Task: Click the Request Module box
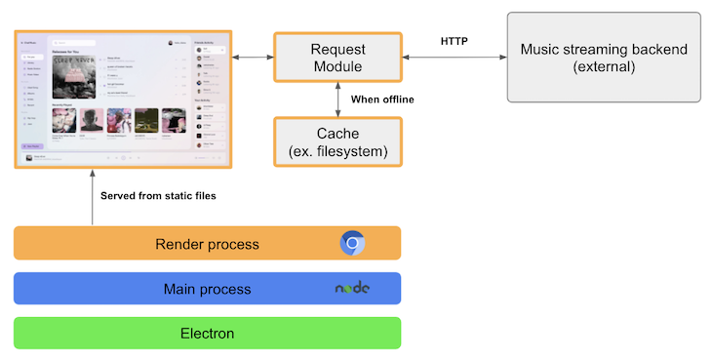(x=336, y=59)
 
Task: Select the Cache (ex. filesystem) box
(x=336, y=141)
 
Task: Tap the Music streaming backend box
(x=604, y=58)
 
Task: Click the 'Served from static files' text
(x=158, y=196)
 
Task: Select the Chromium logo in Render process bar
(x=352, y=243)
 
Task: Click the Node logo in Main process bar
(x=352, y=289)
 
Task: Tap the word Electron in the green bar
(x=207, y=334)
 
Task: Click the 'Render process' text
(x=207, y=243)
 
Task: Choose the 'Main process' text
(x=207, y=289)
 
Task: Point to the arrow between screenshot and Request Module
(x=253, y=59)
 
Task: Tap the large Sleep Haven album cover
(x=75, y=75)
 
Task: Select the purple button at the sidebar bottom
(x=32, y=145)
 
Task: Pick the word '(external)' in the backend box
(x=604, y=67)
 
